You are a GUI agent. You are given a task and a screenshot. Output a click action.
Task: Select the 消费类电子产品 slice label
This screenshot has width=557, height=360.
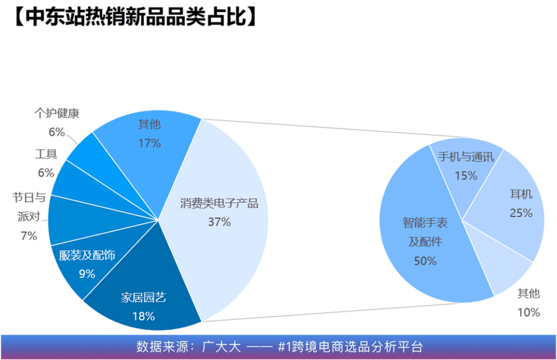(219, 203)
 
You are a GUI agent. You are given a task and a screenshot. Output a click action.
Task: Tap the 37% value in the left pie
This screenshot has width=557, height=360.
(219, 222)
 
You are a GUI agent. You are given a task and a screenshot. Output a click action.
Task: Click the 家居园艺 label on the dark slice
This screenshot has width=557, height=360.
(143, 298)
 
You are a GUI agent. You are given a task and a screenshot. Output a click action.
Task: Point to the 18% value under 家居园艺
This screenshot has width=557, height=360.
(143, 316)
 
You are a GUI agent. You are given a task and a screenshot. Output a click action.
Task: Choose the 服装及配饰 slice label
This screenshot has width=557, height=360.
(87, 255)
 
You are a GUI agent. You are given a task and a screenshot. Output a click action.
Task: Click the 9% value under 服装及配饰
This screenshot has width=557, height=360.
(87, 274)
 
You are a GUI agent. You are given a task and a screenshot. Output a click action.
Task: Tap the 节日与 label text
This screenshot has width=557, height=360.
(29, 197)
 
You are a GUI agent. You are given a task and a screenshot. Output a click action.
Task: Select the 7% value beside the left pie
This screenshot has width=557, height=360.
(29, 236)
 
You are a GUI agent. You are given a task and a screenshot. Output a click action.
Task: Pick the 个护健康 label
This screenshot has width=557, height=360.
(57, 113)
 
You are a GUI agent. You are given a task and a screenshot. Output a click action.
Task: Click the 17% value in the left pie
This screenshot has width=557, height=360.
(149, 143)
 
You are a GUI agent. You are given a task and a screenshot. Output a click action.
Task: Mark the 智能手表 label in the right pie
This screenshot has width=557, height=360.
(425, 223)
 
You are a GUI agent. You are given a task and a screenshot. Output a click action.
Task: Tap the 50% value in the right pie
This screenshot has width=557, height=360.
(425, 261)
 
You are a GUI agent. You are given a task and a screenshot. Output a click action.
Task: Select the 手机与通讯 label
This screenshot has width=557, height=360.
(466, 157)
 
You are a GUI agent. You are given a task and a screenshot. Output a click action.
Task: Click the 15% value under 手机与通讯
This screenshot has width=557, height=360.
(466, 175)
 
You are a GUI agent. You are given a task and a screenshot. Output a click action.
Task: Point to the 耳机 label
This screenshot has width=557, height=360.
(521, 194)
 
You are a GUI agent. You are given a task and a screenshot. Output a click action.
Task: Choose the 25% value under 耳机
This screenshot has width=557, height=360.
(521, 213)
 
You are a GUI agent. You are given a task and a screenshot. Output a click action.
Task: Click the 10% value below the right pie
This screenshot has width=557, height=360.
(528, 312)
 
